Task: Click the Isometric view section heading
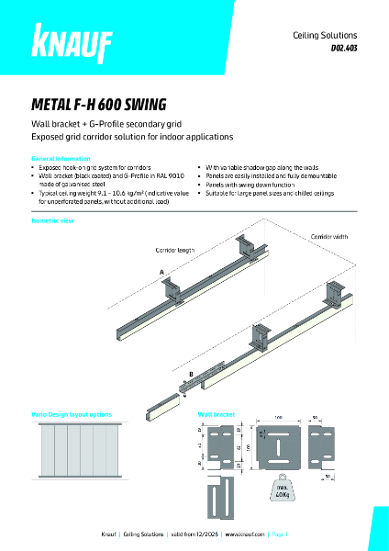51,222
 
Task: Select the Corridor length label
175,249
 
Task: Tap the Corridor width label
329,236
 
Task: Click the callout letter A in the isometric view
161,273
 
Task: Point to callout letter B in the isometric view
192,375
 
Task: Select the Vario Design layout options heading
72,414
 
